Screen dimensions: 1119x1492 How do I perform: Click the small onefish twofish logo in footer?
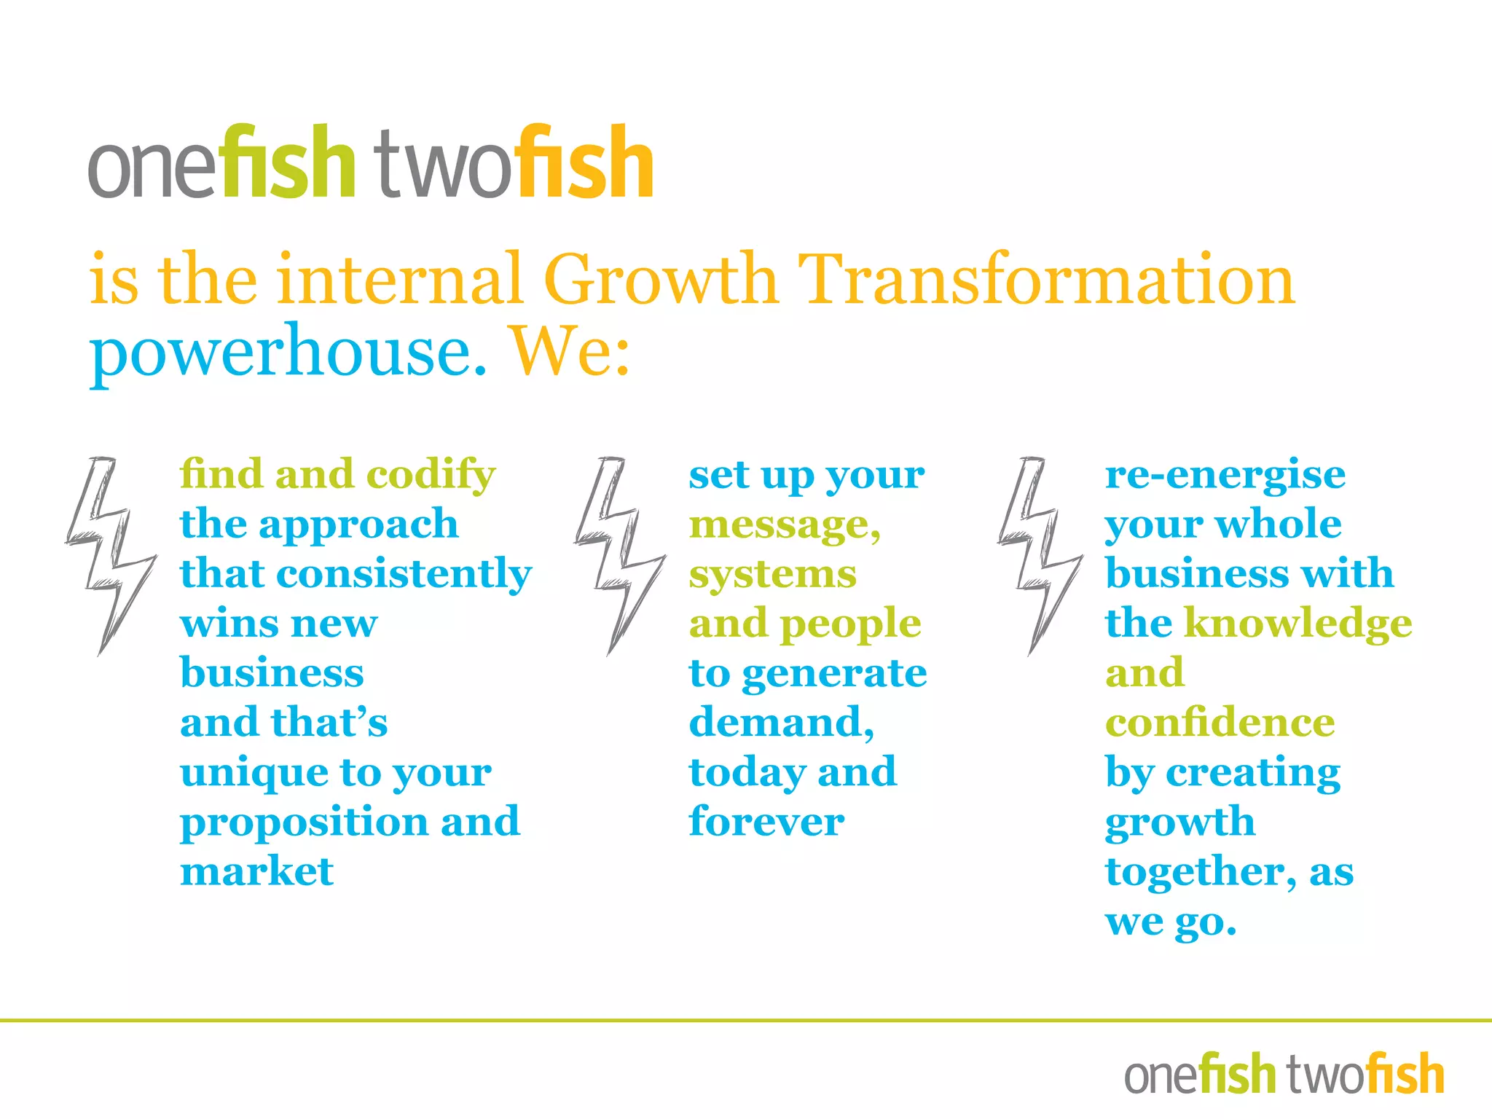pyautogui.click(x=1284, y=1074)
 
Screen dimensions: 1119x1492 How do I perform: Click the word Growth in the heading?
pyautogui.click(x=661, y=280)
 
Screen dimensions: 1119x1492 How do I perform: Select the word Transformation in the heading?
pyautogui.click(x=1046, y=280)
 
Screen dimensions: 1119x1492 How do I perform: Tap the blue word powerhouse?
pyautogui.click(x=288, y=353)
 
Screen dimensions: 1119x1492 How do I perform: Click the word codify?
pyautogui.click(x=431, y=476)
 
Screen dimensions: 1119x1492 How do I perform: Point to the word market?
pyautogui.click(x=256, y=871)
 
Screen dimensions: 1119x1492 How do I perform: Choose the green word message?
pyautogui.click(x=785, y=525)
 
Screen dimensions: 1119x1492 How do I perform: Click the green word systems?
pyautogui.click(x=772, y=575)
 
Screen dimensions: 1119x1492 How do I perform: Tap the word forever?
pyautogui.click(x=766, y=822)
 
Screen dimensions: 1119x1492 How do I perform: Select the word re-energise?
pyautogui.click(x=1225, y=476)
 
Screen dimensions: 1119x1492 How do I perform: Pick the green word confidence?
pyautogui.click(x=1220, y=723)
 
